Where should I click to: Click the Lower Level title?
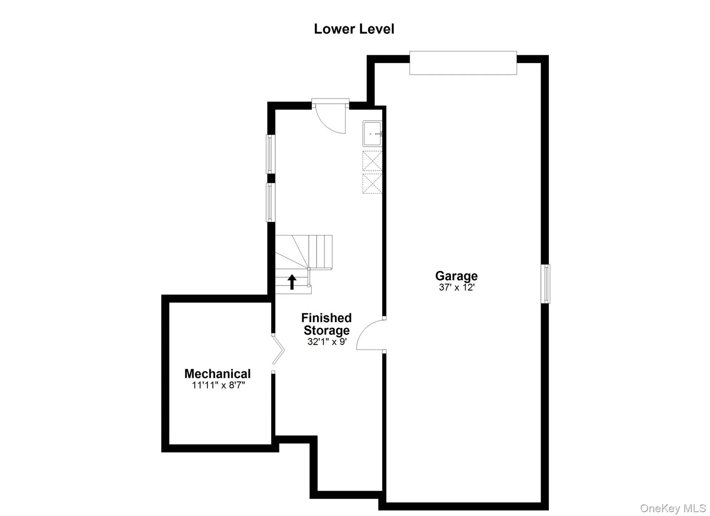[354, 29]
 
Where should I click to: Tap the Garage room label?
[456, 276]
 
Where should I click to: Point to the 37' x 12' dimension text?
[456, 287]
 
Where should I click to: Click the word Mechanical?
[217, 374]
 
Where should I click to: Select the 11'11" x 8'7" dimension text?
[218, 385]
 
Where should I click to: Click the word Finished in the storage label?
[326, 318]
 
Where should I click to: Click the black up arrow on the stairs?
[292, 282]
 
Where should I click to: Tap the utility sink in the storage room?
[372, 133]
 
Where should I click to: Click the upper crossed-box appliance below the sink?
[372, 161]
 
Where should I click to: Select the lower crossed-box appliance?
[372, 183]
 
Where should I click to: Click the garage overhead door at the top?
[463, 63]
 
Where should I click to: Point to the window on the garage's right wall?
[545, 283]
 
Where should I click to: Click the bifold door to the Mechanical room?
[278, 349]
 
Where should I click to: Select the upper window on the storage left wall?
[270, 154]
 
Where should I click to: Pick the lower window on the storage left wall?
[270, 202]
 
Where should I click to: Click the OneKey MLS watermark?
[673, 508]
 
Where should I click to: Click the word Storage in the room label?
[327, 330]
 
